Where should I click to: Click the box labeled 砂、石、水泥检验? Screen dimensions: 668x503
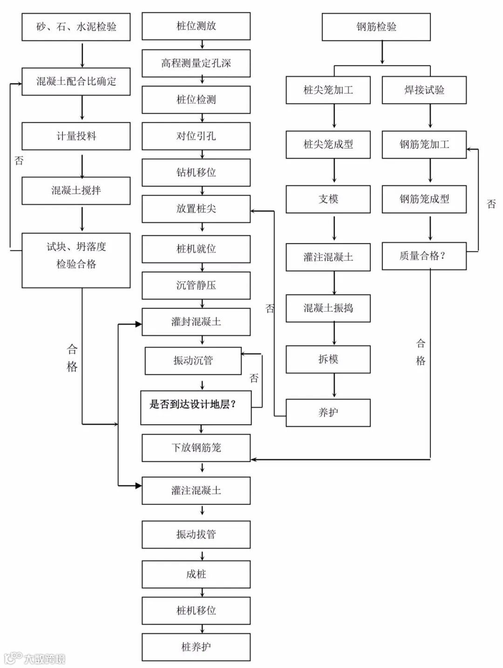click(76, 27)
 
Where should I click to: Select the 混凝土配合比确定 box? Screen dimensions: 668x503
click(76, 82)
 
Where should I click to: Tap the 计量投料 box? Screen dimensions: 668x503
click(76, 136)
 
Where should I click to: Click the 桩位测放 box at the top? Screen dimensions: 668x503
click(196, 26)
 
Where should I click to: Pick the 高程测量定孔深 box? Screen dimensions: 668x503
click(196, 63)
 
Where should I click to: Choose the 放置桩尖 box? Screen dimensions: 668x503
click(196, 209)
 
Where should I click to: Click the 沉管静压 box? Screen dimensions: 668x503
click(196, 285)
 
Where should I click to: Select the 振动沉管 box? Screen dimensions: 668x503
click(193, 361)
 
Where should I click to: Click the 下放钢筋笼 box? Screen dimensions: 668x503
click(196, 448)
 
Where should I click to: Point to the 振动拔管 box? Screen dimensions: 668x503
click(196, 534)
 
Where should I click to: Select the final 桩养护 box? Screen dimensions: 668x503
click(196, 647)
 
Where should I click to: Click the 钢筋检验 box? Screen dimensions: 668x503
click(376, 27)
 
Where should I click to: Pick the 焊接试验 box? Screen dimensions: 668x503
click(424, 90)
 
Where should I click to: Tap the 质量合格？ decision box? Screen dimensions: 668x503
click(424, 256)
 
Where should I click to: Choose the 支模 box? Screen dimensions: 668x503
click(328, 199)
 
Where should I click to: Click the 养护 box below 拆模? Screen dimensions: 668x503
click(328, 412)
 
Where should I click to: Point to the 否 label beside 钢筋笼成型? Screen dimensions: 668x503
click(491, 204)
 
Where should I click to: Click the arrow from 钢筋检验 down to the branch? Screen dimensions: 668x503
click(382, 53)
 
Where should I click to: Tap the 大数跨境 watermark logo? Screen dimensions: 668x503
click(34, 658)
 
